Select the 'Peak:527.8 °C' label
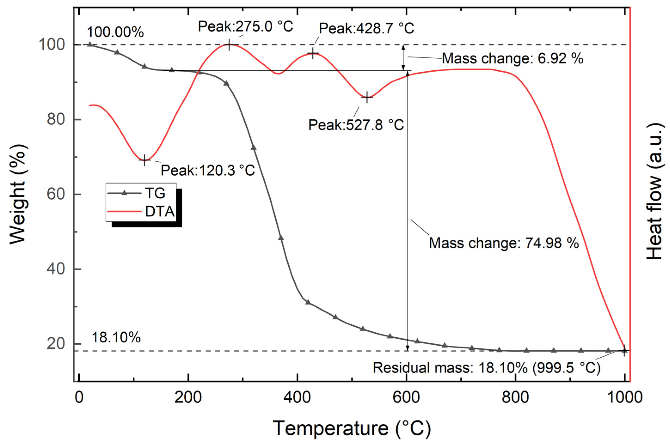click(x=356, y=125)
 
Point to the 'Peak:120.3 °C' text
click(x=208, y=170)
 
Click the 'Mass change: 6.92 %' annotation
click(x=512, y=58)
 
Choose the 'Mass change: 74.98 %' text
click(x=504, y=243)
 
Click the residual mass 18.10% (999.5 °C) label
click(x=486, y=368)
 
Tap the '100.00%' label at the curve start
click(x=115, y=32)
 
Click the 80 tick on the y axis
click(x=56, y=120)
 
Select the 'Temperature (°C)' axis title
click(x=352, y=428)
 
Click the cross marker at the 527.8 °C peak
click(x=367, y=97)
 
